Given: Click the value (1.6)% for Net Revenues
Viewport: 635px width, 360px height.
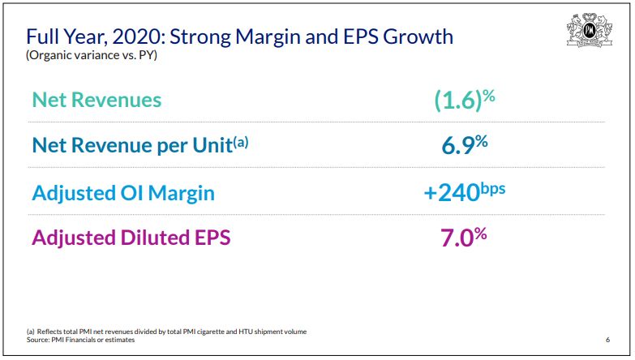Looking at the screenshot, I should click(x=464, y=100).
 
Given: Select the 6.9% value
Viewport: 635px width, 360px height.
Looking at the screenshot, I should click(x=464, y=145).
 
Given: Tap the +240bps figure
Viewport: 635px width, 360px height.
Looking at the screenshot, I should click(x=464, y=193).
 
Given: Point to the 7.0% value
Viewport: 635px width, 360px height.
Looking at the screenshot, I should click(x=464, y=238).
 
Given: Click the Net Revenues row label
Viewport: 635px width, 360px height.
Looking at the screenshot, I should click(x=97, y=100).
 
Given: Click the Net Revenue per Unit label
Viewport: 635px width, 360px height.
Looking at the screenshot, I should click(x=131, y=146).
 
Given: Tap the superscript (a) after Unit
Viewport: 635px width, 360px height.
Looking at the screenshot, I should click(x=241, y=141).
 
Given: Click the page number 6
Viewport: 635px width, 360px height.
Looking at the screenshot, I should click(x=607, y=339).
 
